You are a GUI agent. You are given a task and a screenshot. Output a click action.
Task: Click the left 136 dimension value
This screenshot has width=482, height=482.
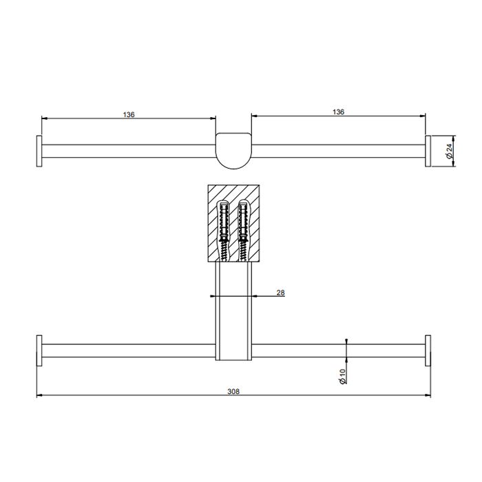[x=129, y=115]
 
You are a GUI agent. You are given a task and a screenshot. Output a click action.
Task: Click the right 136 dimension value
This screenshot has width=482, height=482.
[x=338, y=112]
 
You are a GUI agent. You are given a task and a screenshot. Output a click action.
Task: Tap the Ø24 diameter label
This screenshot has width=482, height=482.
[x=449, y=151]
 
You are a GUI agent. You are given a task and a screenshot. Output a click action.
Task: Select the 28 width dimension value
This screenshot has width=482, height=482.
[x=280, y=293]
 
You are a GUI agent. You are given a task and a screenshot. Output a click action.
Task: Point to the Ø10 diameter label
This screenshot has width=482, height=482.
[x=342, y=376]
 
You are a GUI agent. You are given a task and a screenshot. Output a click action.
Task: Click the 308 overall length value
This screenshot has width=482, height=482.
[x=233, y=391]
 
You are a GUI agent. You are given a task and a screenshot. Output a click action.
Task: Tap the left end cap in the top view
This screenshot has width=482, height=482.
[x=39, y=151]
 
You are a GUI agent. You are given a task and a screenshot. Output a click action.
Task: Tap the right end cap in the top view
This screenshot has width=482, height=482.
[x=428, y=151]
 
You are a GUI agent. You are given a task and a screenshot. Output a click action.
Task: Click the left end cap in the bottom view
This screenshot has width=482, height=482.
[x=39, y=350]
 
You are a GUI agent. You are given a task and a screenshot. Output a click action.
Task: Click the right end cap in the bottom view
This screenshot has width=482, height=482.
[x=428, y=350]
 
